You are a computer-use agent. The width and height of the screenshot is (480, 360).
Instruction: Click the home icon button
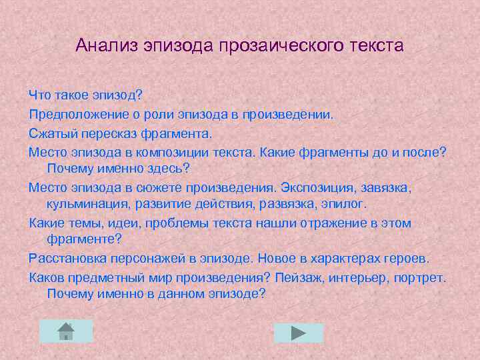pos(65,331)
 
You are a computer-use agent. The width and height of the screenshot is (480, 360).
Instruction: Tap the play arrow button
pos(298,333)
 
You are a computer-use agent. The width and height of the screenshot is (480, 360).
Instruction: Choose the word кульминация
pos(87,203)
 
